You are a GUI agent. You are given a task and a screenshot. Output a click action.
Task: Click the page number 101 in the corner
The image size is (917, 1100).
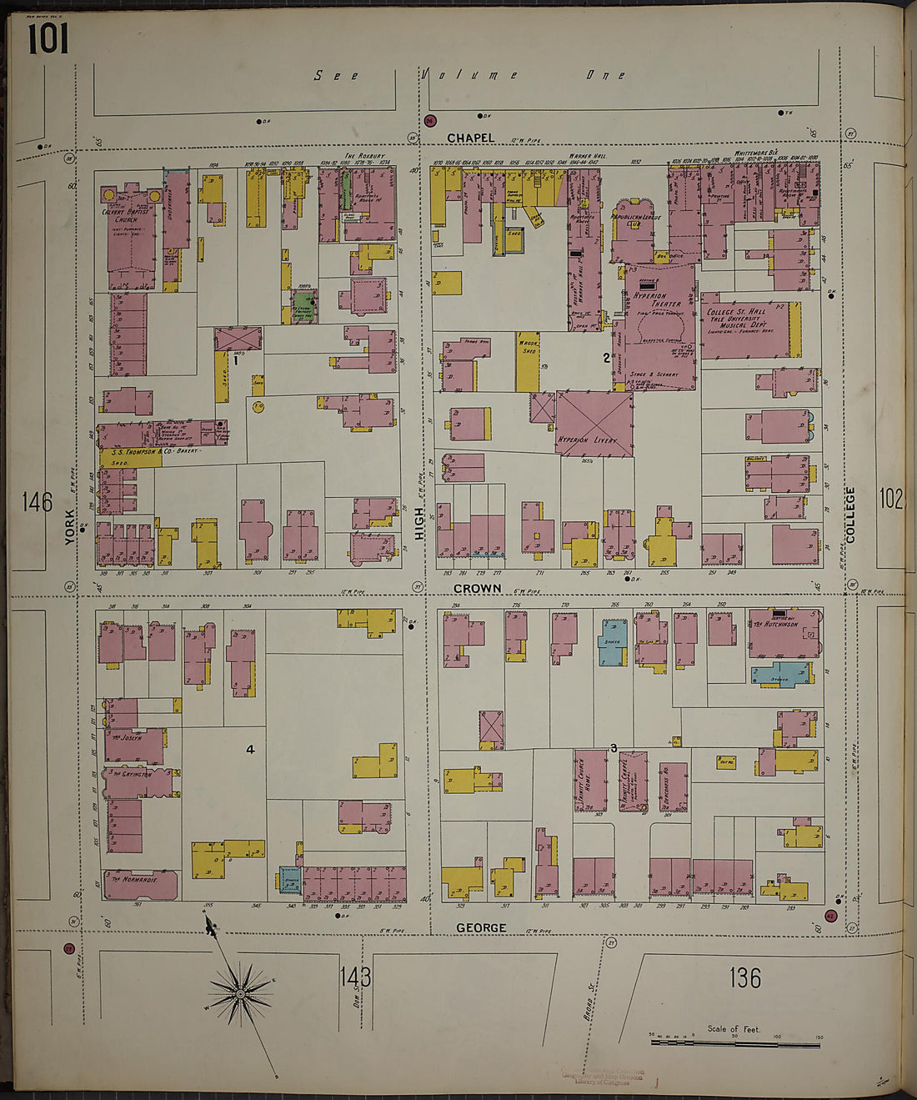pyautogui.click(x=48, y=38)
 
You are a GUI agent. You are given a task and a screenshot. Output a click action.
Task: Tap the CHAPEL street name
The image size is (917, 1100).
pyautogui.click(x=470, y=138)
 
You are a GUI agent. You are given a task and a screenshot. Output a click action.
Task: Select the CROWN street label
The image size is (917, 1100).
pyautogui.click(x=478, y=588)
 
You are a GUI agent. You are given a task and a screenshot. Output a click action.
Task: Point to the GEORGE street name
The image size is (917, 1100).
pyautogui.click(x=481, y=927)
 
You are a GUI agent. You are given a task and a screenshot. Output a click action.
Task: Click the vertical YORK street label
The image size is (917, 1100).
pyautogui.click(x=70, y=527)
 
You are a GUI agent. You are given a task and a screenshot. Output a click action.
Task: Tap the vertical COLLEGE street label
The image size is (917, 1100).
pyautogui.click(x=850, y=515)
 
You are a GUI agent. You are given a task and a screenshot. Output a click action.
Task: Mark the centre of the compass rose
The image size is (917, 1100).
pyautogui.click(x=240, y=992)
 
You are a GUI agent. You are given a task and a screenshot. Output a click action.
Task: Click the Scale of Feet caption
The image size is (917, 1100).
pyautogui.click(x=734, y=1028)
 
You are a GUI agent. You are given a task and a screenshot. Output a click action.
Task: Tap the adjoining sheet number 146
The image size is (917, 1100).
pyautogui.click(x=37, y=502)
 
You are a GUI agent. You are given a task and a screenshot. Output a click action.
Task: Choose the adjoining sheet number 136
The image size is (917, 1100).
pyautogui.click(x=744, y=977)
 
